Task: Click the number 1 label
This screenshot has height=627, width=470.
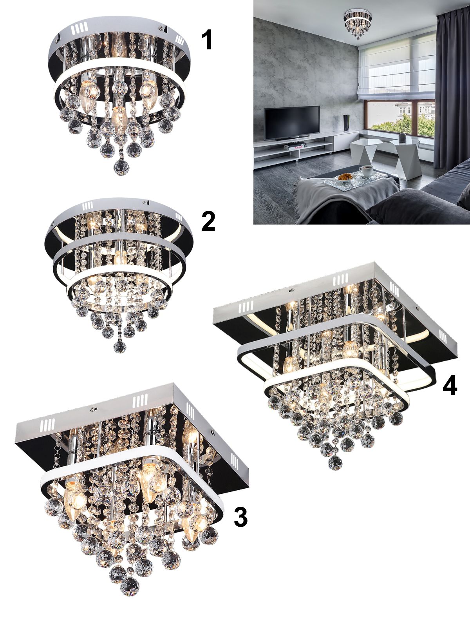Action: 207,40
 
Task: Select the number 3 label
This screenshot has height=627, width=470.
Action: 240,525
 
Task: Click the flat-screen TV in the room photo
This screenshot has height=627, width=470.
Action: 291,123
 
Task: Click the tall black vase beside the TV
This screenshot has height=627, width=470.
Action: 346,123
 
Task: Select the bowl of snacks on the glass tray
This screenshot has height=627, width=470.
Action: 345,177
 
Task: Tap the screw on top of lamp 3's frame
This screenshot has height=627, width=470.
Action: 92,410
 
